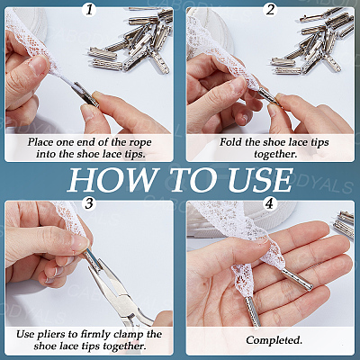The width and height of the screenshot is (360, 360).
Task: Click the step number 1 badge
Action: pyautogui.click(x=89, y=10)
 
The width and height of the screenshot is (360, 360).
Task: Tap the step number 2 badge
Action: pyautogui.click(x=270, y=10)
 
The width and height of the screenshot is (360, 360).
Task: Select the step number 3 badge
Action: pyautogui.click(x=89, y=203)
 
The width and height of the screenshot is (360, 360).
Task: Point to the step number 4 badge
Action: pyautogui.click(x=270, y=203)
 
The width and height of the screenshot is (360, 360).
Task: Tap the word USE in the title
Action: pyautogui.click(x=260, y=180)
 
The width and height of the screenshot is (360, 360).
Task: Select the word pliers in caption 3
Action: pyautogui.click(x=48, y=335)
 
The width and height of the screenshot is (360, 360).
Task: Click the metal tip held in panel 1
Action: pyautogui.click(x=86, y=94)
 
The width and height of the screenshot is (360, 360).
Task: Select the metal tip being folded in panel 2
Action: pyautogui.click(x=268, y=95)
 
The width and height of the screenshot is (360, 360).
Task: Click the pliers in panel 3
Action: pyautogui.click(x=118, y=287)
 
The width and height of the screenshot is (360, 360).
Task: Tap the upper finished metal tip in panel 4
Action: pyautogui.click(x=297, y=279)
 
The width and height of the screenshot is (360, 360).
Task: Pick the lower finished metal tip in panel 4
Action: pyautogui.click(x=254, y=311)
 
